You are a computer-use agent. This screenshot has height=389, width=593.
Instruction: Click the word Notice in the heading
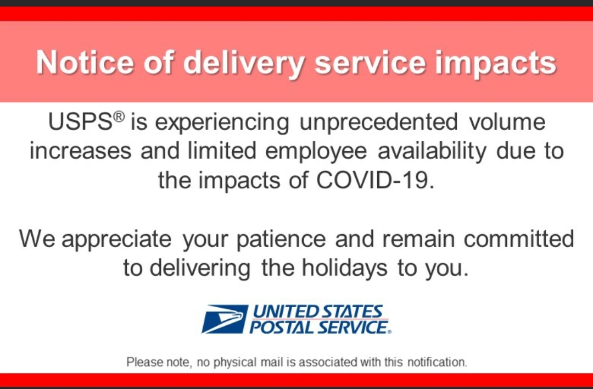(85, 62)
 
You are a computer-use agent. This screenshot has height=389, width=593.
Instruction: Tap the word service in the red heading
(370, 62)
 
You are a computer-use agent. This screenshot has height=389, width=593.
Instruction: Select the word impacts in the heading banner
(496, 64)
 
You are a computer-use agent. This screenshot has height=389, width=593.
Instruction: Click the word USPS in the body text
(80, 122)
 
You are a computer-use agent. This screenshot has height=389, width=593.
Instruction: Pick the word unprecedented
(378, 122)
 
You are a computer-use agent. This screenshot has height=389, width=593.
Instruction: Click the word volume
(507, 122)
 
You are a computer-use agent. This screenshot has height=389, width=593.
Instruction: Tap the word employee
(316, 151)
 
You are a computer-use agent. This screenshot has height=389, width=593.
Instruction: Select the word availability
(432, 151)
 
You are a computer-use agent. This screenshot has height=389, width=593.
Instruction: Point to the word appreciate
(116, 240)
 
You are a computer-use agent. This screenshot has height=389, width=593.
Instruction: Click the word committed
(519, 239)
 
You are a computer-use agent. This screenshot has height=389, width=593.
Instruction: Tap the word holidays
(344, 269)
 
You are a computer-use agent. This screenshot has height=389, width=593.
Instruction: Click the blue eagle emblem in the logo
(225, 319)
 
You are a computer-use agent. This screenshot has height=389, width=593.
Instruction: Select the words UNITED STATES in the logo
(318, 312)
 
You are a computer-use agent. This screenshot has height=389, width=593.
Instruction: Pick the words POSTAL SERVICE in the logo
(318, 327)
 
